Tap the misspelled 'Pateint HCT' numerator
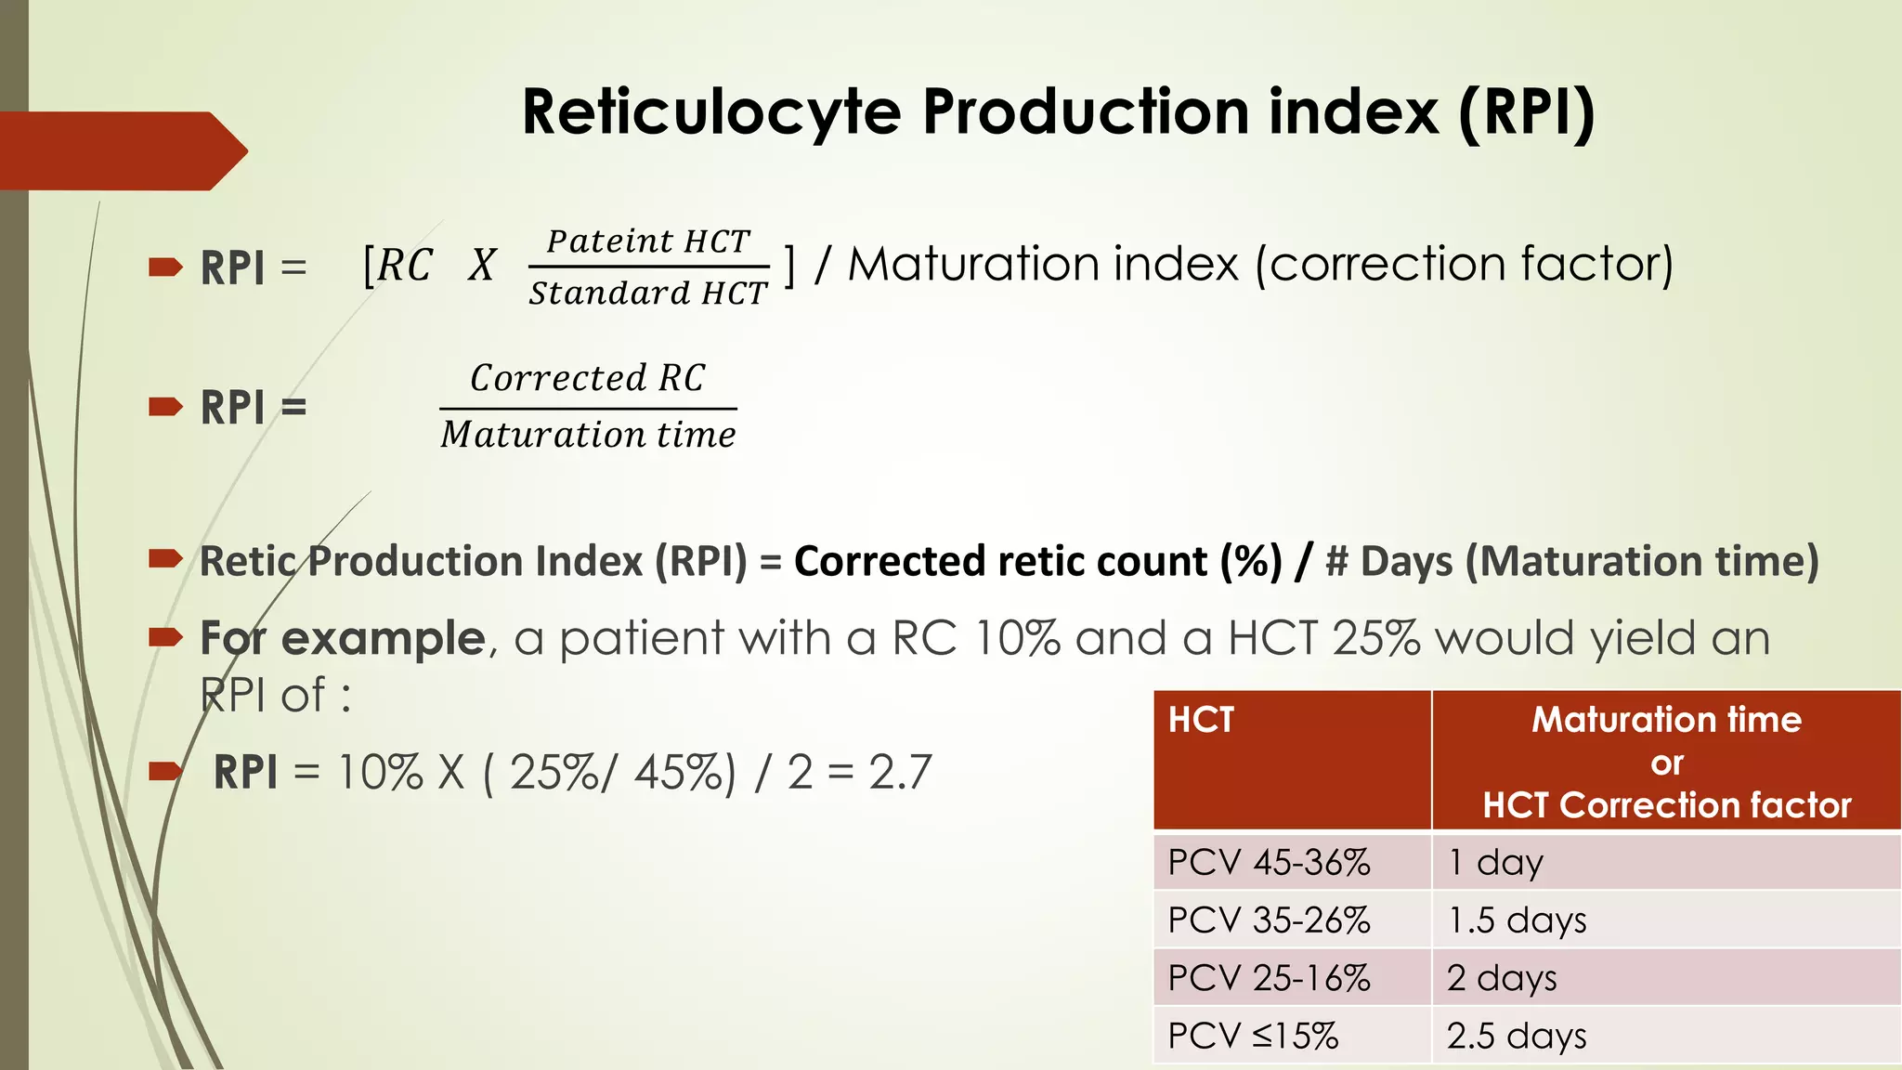(648, 241)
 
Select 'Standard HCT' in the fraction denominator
(648, 294)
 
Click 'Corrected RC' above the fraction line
(588, 378)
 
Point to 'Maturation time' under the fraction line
(588, 435)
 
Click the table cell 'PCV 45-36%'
(1269, 863)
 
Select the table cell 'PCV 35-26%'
(1269, 920)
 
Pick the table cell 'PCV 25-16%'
(1269, 978)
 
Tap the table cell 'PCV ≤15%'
(1253, 1036)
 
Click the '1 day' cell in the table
(1495, 863)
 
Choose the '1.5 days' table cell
(1517, 920)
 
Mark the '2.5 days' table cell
(1517, 1036)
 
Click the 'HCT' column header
(1201, 720)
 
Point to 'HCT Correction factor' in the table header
(1667, 805)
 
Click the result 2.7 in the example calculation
(900, 772)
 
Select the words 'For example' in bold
(343, 639)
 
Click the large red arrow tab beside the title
(121, 150)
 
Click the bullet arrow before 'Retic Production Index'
(165, 558)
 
